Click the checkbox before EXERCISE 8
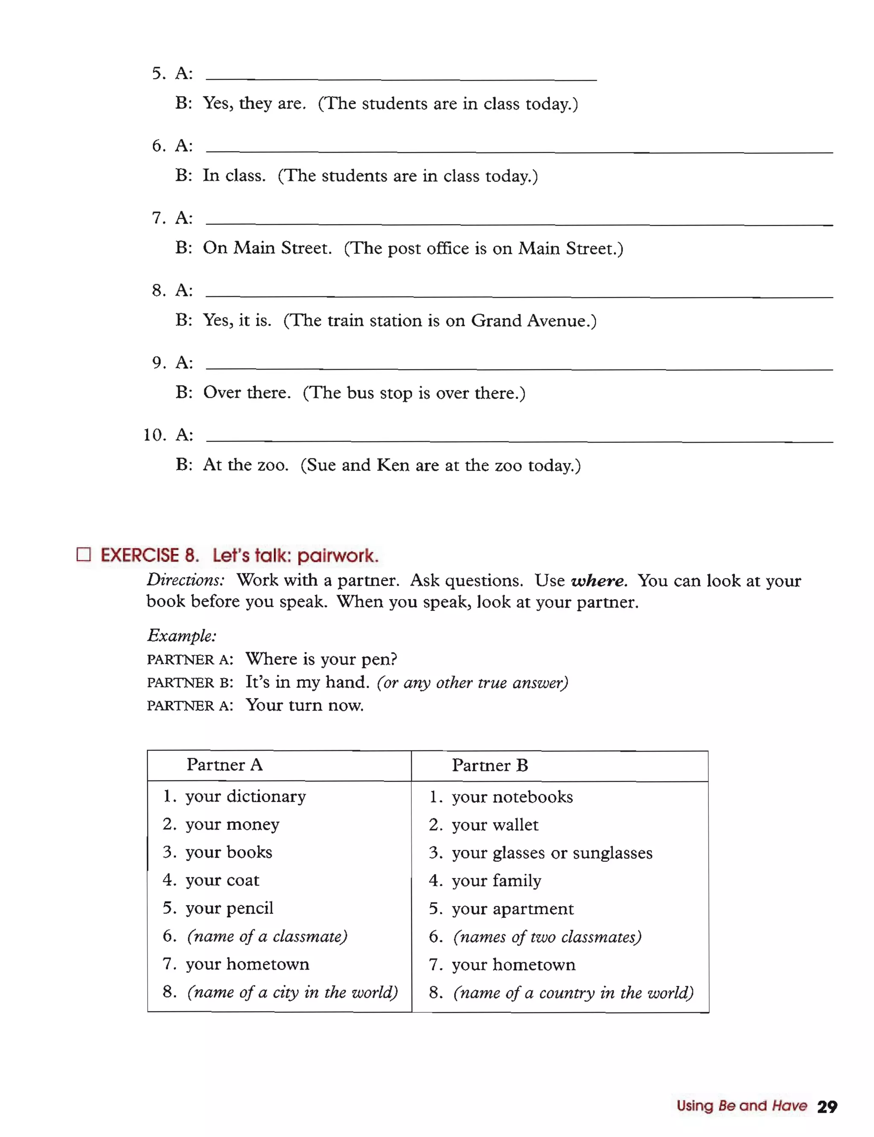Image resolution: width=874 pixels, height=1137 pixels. click(84, 555)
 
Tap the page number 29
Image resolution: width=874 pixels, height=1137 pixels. click(827, 1106)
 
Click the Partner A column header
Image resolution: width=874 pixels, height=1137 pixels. click(225, 765)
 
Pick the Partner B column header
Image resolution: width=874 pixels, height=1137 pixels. click(489, 765)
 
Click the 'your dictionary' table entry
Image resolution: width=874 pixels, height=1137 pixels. click(245, 796)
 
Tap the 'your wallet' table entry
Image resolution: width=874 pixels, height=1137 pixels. click(495, 825)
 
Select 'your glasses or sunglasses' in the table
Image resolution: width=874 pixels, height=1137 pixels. click(551, 853)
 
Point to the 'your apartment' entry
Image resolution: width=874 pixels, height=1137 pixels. click(513, 909)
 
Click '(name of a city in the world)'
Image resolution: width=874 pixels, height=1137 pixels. click(292, 992)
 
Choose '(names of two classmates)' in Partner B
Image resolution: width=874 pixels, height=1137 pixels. click(547, 937)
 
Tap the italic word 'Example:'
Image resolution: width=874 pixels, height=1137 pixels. click(181, 635)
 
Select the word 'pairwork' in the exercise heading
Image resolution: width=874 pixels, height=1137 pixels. click(337, 555)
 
